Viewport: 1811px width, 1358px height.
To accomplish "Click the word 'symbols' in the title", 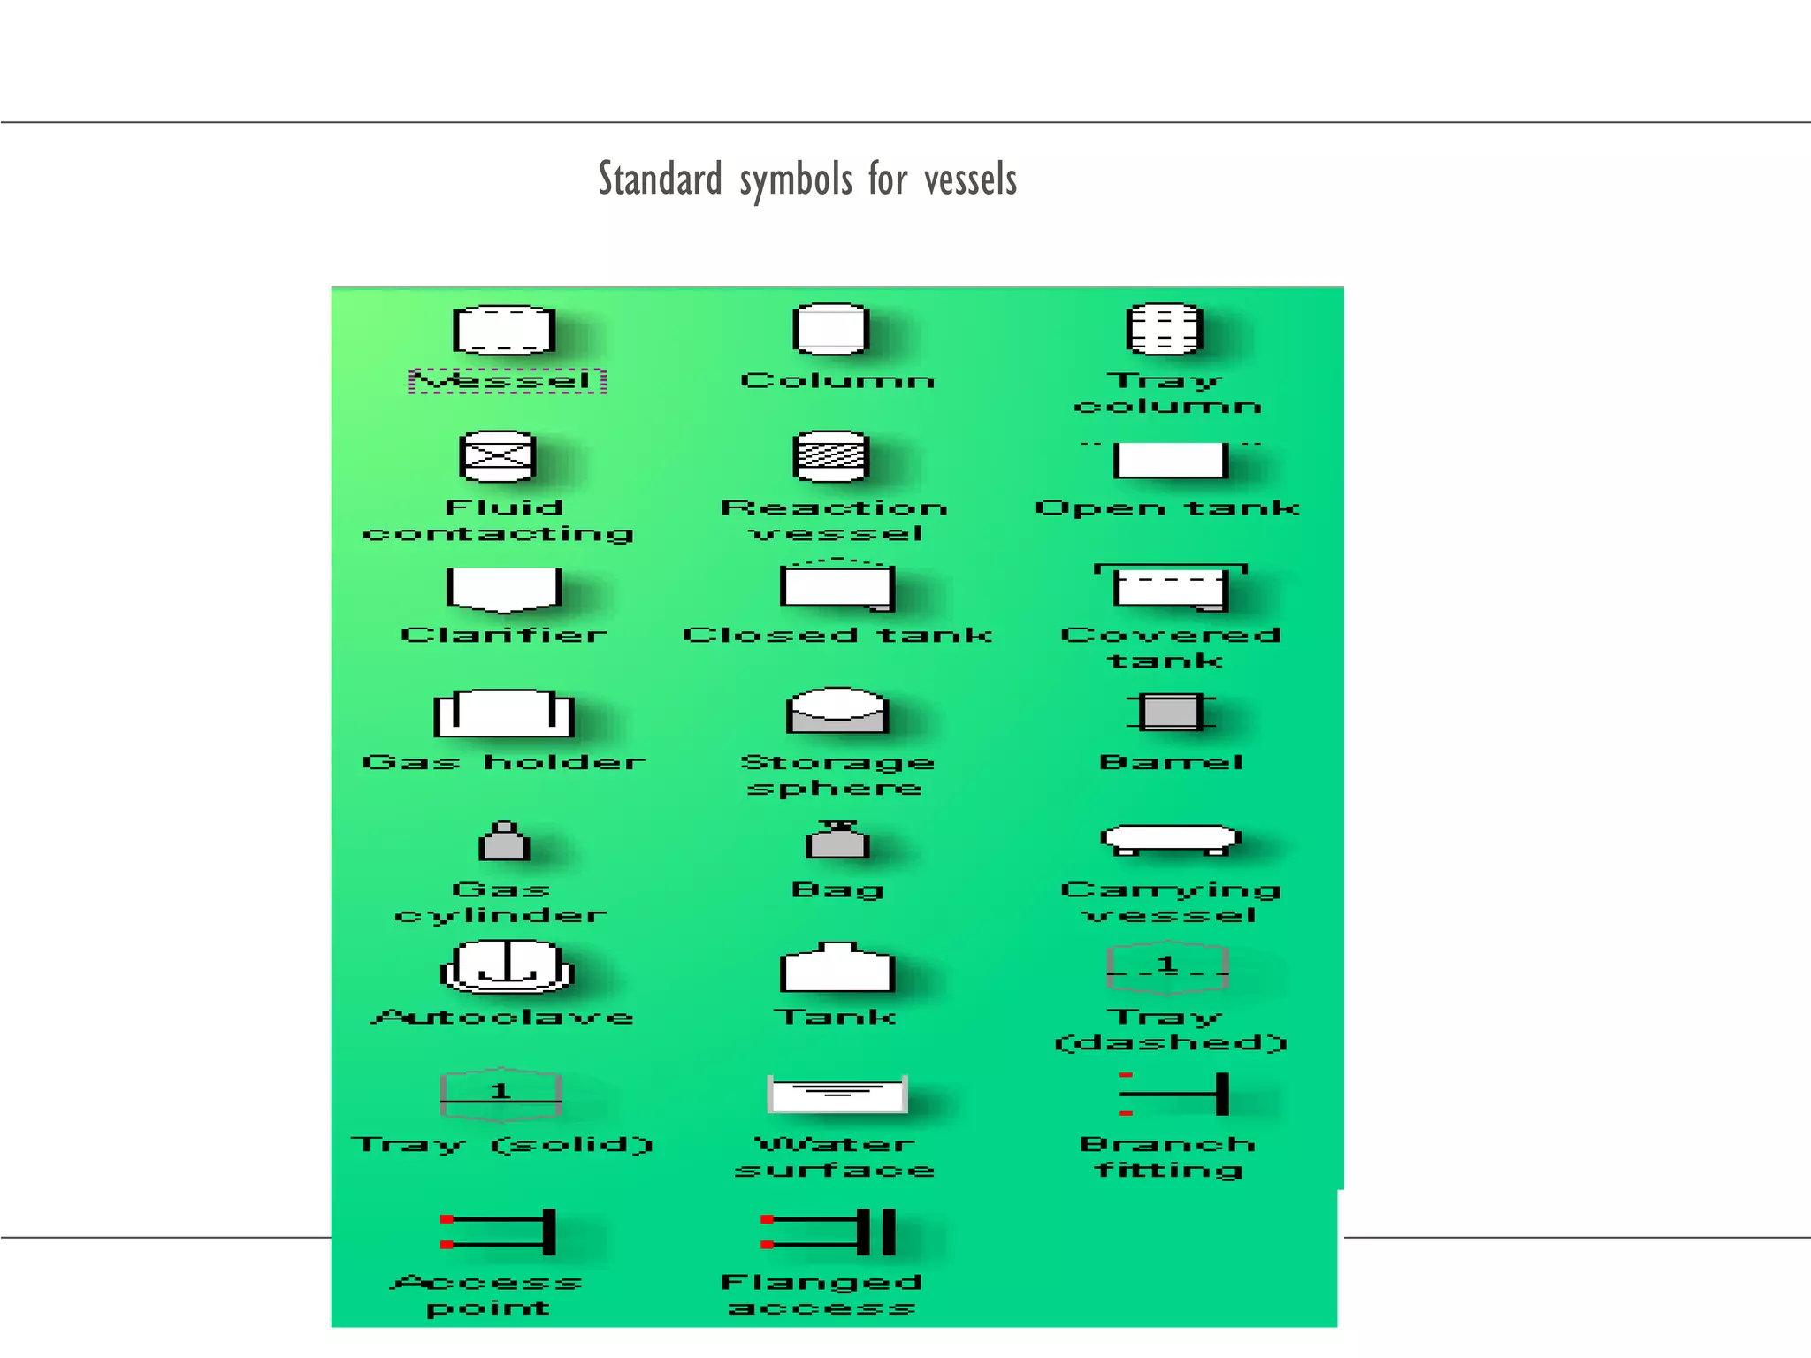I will pos(795,180).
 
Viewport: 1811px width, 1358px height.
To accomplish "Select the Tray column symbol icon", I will pos(1164,329).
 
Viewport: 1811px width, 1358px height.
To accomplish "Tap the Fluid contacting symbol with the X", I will pos(498,456).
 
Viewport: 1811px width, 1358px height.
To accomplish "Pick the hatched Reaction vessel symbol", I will pos(830,456).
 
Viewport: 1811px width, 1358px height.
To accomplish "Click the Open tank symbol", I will pos(1170,460).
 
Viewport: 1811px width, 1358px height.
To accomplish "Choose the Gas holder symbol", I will pos(503,713).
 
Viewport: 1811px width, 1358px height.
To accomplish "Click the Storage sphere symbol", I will pos(837,711).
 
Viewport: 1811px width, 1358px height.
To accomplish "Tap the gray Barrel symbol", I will pos(1170,712).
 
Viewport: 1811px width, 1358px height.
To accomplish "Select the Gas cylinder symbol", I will pos(504,842).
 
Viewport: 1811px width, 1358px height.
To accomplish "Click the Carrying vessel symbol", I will pos(1171,839).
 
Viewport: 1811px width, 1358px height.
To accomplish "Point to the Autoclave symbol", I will pos(508,966).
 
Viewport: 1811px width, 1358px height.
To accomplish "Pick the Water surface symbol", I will pos(837,1095).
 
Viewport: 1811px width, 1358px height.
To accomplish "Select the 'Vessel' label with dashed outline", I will pos(507,381).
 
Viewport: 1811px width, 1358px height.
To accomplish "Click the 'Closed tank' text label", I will pos(837,635).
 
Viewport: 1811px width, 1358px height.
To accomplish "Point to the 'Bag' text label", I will pos(837,889).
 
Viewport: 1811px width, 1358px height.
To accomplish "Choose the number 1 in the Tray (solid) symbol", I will pos(501,1091).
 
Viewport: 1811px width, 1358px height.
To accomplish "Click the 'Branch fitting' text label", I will pos(1168,1157).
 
